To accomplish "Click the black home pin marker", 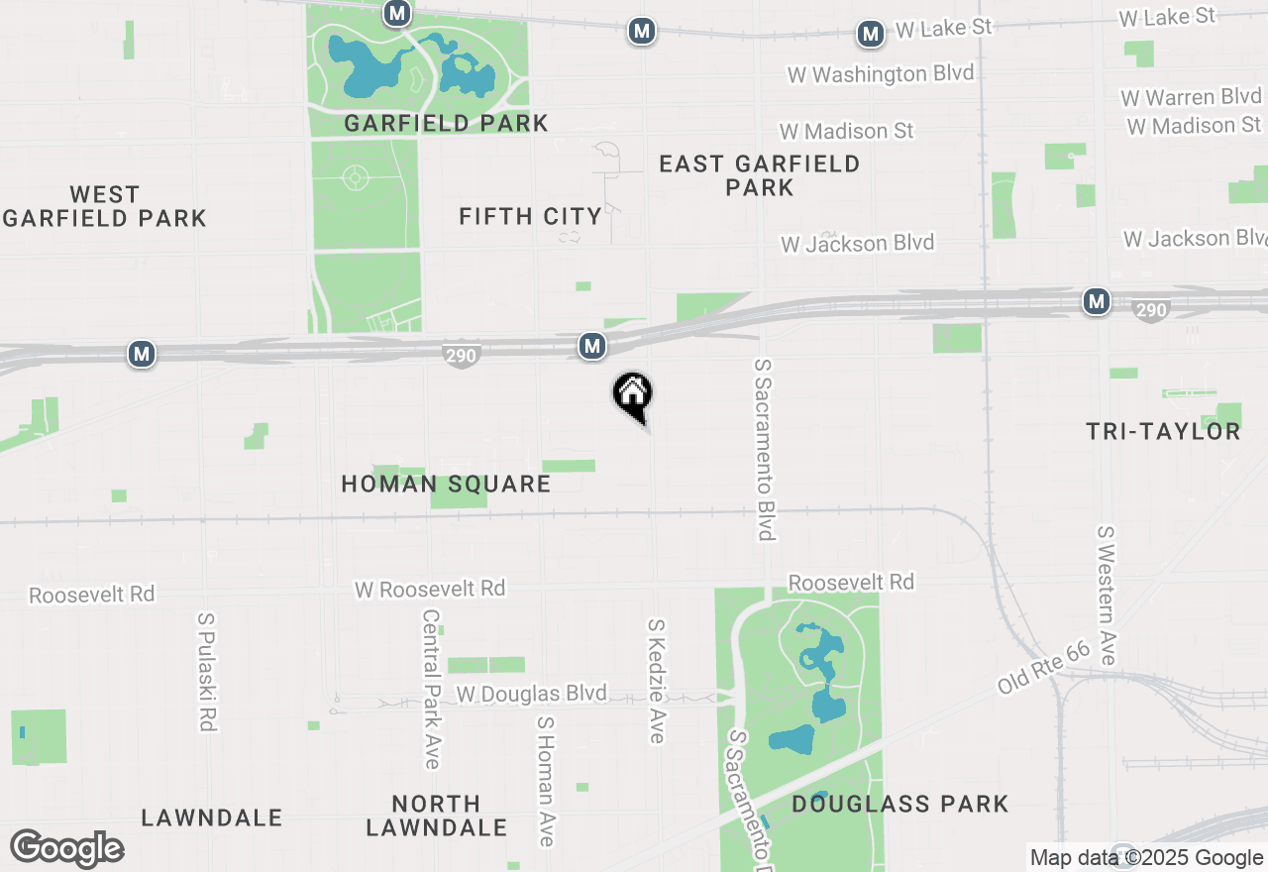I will (x=632, y=394).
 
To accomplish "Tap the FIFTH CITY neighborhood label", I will (x=531, y=216).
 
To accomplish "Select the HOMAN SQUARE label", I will (x=446, y=484).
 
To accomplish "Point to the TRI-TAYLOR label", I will (x=1163, y=431).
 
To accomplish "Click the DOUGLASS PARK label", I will (x=899, y=804).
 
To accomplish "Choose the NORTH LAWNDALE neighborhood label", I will (x=436, y=816).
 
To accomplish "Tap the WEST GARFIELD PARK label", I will (x=104, y=206).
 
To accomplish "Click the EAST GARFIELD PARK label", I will (x=760, y=175).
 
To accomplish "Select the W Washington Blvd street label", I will (x=881, y=74).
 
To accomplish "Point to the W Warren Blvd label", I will (x=1192, y=97).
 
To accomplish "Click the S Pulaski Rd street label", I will (x=206, y=672).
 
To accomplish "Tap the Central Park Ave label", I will (x=431, y=689).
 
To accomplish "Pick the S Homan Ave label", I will (x=545, y=782).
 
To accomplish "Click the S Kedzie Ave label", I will (x=656, y=681).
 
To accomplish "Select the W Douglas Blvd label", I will (x=531, y=695).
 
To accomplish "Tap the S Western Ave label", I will (x=1107, y=595).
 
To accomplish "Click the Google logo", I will (x=67, y=848).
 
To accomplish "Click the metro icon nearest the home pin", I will (x=592, y=346).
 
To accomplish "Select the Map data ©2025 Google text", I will (x=1146, y=858).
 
